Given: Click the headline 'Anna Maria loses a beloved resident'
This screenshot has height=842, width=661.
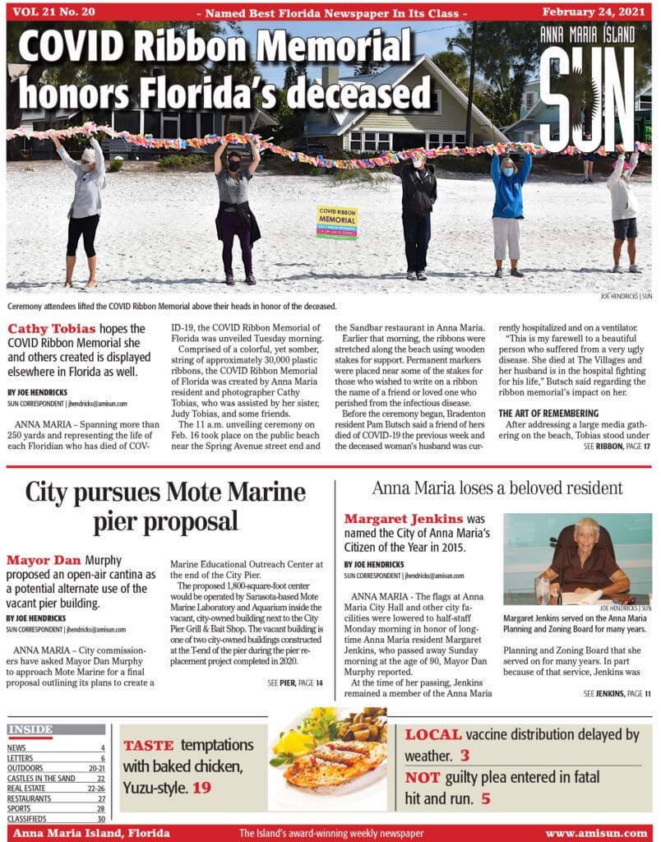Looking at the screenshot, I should coord(497,488).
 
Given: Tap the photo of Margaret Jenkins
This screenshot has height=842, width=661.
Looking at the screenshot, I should coord(577,558).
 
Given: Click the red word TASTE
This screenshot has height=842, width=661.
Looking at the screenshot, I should coord(148,746).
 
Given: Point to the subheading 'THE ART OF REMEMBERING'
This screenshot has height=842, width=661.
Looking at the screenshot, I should coord(549,413).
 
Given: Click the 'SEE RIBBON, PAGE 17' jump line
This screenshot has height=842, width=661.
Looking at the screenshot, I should coord(617,446).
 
